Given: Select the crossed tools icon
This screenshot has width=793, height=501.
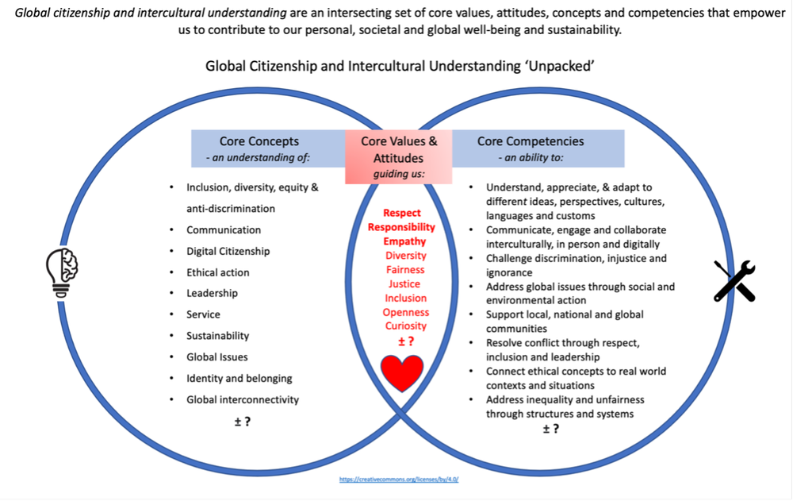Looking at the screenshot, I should point(734,280).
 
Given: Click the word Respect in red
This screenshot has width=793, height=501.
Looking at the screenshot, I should point(402,213).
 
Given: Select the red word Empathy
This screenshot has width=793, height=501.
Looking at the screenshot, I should point(404,241).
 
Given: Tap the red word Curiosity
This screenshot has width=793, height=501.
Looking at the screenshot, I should point(404,326).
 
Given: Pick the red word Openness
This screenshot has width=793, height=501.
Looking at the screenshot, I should point(405,312).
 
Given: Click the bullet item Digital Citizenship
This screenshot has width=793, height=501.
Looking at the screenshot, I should point(228,251).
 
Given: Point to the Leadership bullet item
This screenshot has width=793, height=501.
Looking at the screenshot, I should point(212,293).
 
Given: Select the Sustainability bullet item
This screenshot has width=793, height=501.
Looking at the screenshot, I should point(217,335).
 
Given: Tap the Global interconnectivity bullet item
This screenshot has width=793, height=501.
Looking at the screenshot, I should point(243,399).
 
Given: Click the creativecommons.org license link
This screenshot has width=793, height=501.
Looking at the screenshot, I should point(399,480).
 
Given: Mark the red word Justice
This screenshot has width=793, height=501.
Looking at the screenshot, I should point(404,283).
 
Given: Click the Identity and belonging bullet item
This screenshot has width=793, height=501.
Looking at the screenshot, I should point(239,378).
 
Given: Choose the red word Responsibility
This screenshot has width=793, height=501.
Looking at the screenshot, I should point(401,227).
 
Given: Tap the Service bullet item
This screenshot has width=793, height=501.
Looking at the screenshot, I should point(203,314).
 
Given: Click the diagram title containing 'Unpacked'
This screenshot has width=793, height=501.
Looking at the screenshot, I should point(400,66).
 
